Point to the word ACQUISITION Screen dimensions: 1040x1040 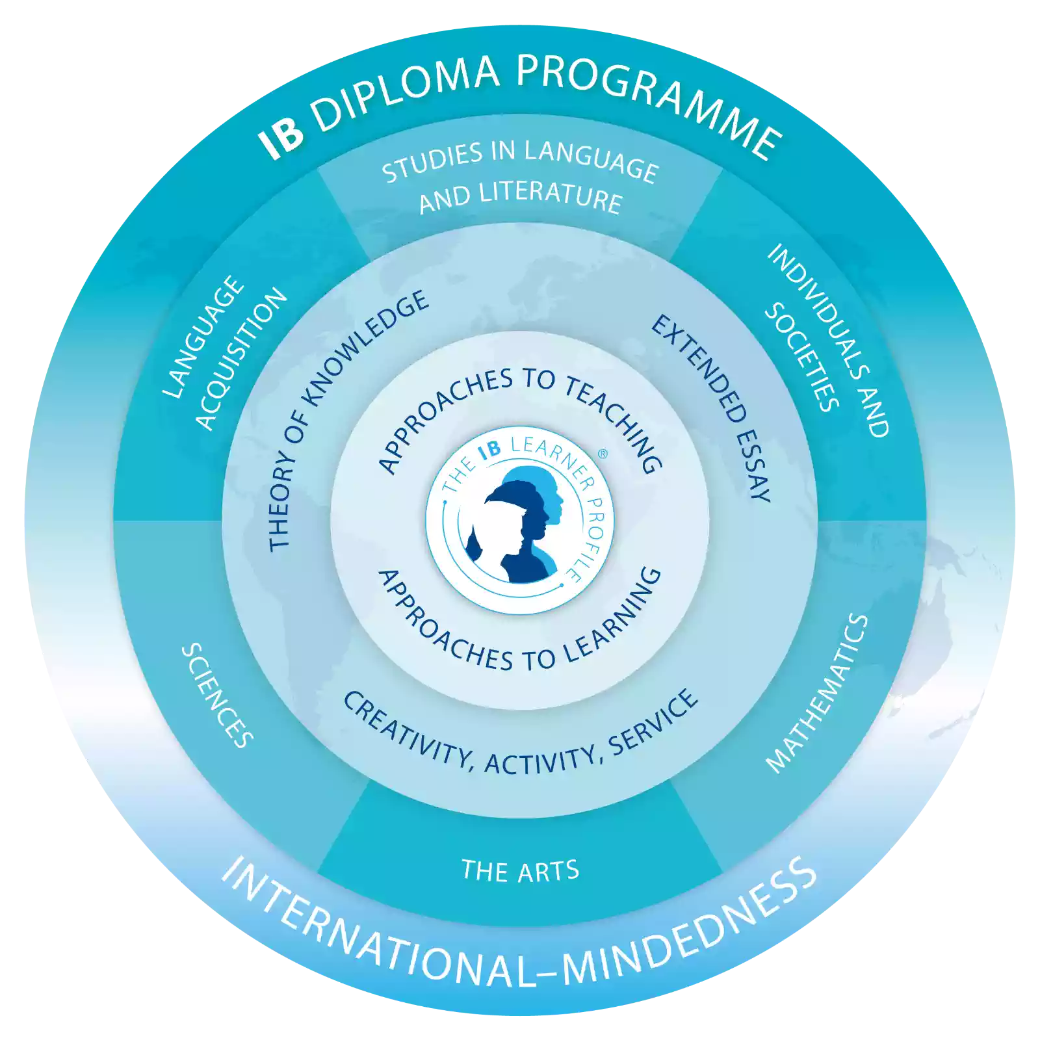pyautogui.click(x=240, y=358)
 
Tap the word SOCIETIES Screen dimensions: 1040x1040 pyautogui.click(x=801, y=357)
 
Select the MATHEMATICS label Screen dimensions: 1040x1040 pyautogui.click(x=818, y=694)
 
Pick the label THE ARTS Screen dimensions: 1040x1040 pyautogui.click(x=520, y=871)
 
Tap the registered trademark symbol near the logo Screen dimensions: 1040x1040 pyautogui.click(x=603, y=454)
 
